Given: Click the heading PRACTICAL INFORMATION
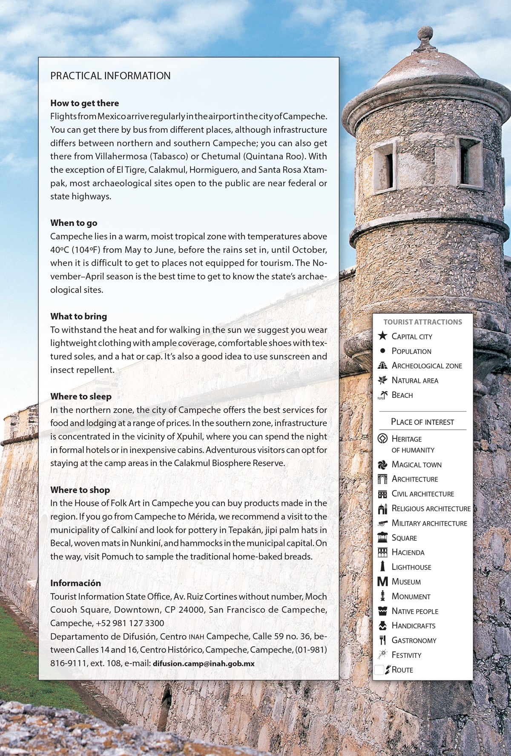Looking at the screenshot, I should click(110, 76).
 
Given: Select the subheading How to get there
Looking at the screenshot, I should click(84, 103).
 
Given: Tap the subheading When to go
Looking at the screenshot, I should click(74, 223).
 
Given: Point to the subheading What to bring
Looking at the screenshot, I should click(78, 316).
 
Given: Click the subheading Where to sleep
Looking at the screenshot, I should click(81, 396).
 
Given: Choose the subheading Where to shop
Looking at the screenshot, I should click(80, 490).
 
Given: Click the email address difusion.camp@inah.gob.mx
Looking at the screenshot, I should click(204, 663).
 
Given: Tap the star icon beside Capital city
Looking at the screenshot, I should click(382, 336).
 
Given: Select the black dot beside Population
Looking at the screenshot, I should click(382, 351).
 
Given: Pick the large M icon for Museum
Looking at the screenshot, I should click(382, 582).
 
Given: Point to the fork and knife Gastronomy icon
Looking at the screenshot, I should click(382, 640).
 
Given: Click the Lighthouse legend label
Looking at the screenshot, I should click(411, 567).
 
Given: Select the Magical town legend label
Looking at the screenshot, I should click(416, 465).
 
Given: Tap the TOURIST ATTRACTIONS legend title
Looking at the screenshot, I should click(422, 322).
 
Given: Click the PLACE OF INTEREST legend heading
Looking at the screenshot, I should click(422, 422).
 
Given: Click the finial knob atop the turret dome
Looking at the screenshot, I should click(425, 33).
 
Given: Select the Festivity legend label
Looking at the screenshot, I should click(406, 655).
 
